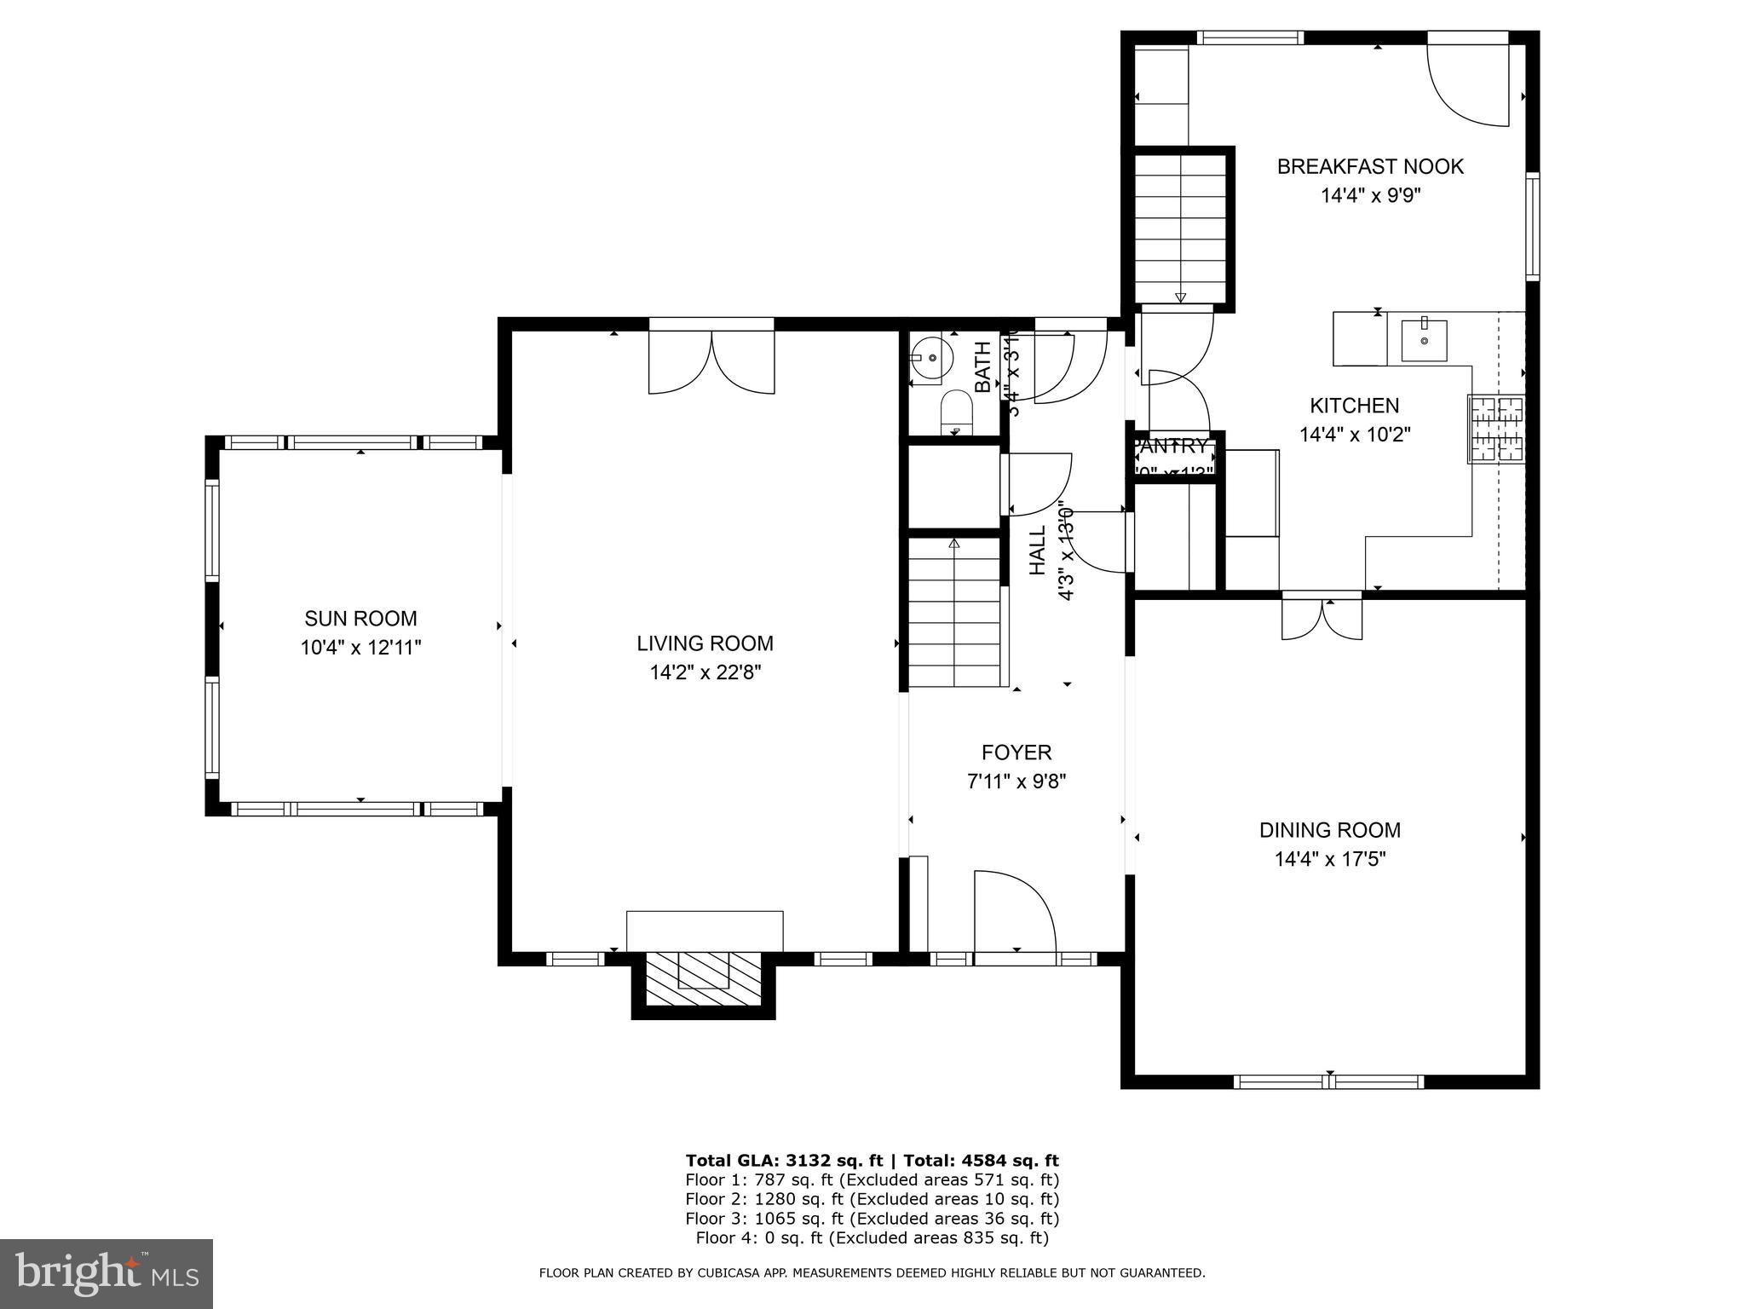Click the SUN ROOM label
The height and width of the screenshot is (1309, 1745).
tap(360, 619)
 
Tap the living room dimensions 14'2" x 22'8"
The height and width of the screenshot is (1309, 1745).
tap(705, 673)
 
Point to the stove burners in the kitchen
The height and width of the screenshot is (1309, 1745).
tap(1496, 430)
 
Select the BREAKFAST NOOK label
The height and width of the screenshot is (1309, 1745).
tap(1370, 167)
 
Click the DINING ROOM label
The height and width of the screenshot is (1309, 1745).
tap(1329, 830)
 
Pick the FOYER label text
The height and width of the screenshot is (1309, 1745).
tap(1016, 753)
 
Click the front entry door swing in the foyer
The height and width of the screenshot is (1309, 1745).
tap(1014, 912)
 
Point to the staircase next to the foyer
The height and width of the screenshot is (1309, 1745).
tap(954, 614)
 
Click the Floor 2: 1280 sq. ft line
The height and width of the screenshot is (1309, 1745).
tap(872, 1199)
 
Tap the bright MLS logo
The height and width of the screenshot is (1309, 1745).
tap(107, 1273)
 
